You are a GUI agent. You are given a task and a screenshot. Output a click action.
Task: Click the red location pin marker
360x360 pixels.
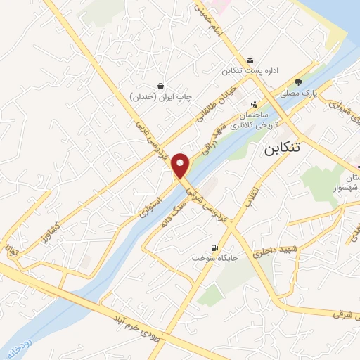coord(181,165)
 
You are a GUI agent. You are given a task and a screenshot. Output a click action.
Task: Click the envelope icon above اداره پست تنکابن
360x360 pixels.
coord(250,60)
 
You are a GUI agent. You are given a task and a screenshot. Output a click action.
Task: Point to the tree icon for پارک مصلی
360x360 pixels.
coord(298,82)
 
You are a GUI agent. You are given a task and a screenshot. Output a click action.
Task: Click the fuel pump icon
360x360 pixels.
coord(214,247)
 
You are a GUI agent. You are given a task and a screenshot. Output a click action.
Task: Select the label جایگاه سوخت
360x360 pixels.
coord(214,259)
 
